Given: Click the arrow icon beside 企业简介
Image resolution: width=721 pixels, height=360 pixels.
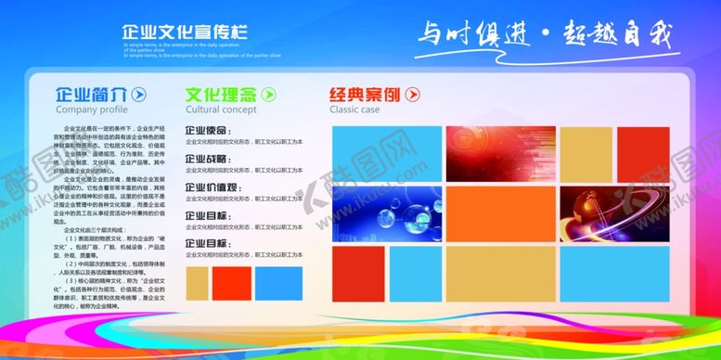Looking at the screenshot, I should (138, 95).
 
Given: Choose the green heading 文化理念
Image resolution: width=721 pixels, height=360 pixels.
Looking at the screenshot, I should (221, 95).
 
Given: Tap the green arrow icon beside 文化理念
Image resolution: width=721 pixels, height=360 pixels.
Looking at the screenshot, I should (269, 95).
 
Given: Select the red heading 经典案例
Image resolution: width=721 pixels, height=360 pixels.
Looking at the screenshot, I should (367, 95).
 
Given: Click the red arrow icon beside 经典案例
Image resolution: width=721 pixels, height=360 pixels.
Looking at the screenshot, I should (413, 95).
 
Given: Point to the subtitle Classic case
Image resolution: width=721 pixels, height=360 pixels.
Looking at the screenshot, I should (354, 109).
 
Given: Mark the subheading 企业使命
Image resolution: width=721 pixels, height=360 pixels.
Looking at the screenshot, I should (208, 131).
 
